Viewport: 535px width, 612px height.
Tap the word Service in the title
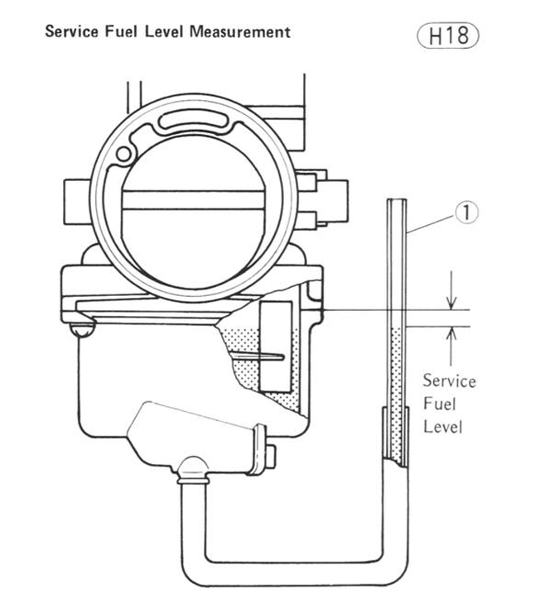click(70, 32)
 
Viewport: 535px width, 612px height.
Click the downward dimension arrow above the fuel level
click(451, 299)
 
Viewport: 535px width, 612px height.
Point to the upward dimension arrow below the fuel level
click(451, 338)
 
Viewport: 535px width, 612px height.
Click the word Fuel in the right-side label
click(448, 404)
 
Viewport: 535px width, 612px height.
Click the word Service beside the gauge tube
click(448, 381)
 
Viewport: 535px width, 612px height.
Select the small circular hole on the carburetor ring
click(125, 153)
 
